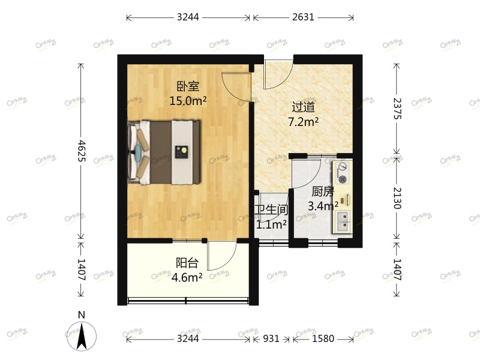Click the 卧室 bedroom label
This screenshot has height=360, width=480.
(x=188, y=86)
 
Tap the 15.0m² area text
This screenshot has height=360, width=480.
(x=188, y=100)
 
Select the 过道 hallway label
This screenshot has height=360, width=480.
(x=303, y=107)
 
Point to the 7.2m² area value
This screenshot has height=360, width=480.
(x=303, y=122)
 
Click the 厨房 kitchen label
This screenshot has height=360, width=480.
(x=323, y=192)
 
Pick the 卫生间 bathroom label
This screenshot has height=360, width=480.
(x=271, y=211)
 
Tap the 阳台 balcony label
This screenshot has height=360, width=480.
(x=187, y=263)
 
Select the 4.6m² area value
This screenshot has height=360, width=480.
(x=187, y=277)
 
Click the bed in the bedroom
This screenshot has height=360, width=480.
(x=164, y=152)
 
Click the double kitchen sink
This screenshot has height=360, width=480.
(x=343, y=225)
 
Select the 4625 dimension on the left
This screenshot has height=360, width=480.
(x=82, y=151)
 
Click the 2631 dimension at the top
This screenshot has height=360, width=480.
(x=303, y=17)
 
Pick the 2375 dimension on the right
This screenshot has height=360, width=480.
(x=397, y=108)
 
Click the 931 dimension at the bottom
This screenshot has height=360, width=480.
(x=271, y=339)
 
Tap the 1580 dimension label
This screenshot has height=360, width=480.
(x=323, y=339)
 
